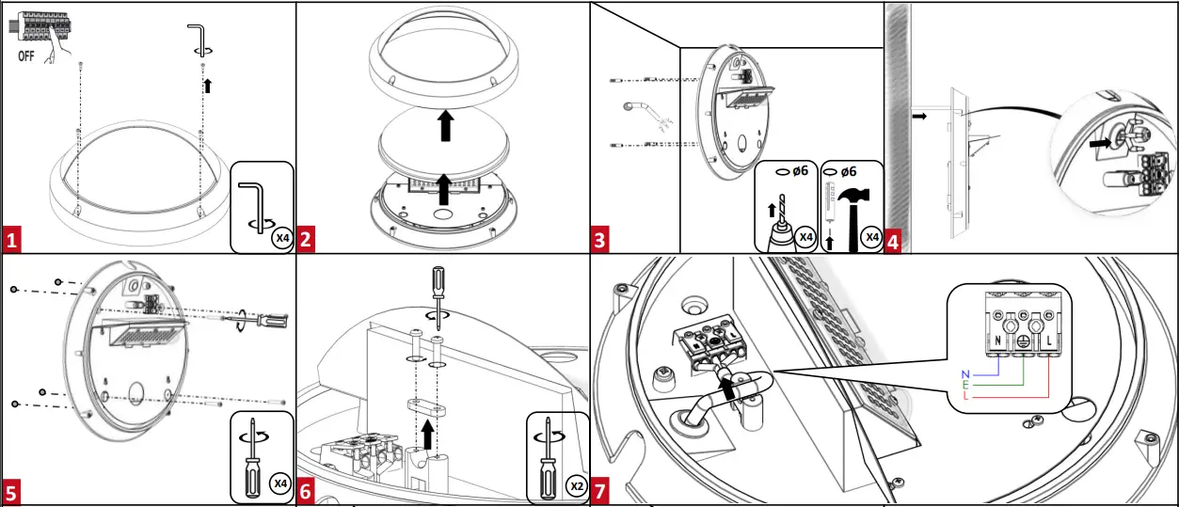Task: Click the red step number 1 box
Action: pyautogui.click(x=11, y=241)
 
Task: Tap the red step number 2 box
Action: pyautogui.click(x=306, y=241)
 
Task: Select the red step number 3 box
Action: pyautogui.click(x=600, y=241)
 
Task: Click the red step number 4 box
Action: pyautogui.click(x=893, y=241)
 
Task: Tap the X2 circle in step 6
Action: pyautogui.click(x=576, y=485)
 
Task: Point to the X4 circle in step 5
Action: pyautogui.click(x=279, y=483)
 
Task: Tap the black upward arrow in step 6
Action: pyautogui.click(x=430, y=436)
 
